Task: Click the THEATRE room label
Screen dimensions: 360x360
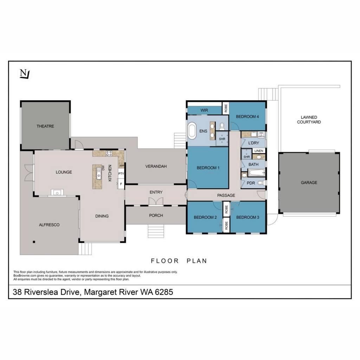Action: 45,126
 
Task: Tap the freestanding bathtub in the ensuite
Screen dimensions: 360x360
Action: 192,131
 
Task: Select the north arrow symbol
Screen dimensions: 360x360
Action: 25,74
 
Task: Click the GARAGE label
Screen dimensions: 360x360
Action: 309,183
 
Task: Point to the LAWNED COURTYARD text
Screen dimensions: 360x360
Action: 309,120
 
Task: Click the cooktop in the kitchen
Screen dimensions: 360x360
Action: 109,153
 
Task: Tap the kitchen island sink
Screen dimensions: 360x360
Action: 99,173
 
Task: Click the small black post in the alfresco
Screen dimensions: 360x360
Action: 34,242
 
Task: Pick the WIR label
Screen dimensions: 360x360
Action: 204,110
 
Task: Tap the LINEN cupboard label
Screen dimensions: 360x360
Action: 259,151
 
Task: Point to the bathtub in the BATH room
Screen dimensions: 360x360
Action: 257,173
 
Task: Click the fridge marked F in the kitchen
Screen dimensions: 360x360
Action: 121,184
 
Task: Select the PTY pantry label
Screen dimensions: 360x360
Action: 121,174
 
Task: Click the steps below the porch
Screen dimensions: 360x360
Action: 156,231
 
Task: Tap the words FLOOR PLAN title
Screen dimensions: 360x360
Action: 179,261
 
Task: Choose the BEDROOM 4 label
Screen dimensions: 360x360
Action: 247,117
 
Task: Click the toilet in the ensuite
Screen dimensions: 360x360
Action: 222,126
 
